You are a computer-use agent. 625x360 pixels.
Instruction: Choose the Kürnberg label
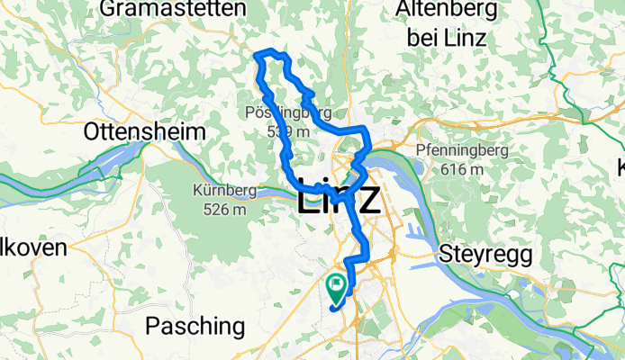tap(225, 191)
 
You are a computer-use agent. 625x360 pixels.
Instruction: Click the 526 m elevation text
tap(225, 209)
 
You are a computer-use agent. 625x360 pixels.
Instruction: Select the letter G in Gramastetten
tap(111, 9)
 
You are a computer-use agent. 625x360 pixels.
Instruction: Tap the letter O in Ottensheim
tap(92, 131)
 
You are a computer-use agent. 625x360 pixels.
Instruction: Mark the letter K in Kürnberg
tap(198, 191)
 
